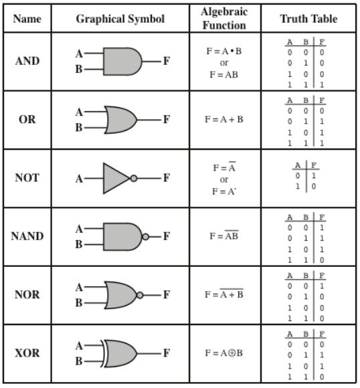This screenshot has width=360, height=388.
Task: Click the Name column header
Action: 27,19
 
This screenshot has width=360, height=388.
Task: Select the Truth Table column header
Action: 308,19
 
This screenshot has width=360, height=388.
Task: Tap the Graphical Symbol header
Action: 120,19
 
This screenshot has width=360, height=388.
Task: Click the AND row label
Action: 27,61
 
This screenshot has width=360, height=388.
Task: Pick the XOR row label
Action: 27,353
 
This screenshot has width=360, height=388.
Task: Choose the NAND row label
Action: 27,236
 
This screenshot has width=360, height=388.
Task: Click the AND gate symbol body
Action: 122,62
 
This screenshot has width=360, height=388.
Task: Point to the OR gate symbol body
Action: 120,120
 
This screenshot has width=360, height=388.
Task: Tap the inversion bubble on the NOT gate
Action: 134,178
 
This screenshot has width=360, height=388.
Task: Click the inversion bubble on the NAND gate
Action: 146,237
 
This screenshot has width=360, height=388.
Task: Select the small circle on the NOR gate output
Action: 140,295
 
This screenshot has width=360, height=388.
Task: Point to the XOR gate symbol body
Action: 119,353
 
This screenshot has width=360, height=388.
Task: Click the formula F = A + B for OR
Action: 224,120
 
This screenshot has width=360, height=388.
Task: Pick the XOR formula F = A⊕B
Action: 223,353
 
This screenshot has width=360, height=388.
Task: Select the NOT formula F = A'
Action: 224,191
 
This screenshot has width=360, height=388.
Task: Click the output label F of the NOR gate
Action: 167,295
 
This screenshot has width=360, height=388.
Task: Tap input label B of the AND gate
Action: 79,70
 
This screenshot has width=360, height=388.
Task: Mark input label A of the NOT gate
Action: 79,179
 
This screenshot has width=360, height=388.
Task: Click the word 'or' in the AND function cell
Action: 224,63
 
